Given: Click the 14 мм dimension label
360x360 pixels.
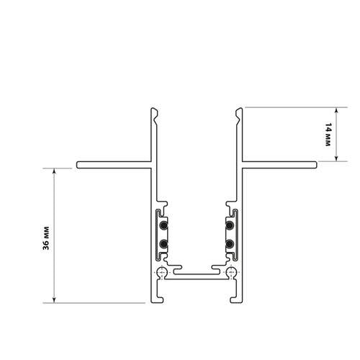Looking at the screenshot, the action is pos(328,135).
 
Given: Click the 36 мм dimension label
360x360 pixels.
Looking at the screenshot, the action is pos(46,238).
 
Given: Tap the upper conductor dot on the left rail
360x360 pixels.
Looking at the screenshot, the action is pos(163,225).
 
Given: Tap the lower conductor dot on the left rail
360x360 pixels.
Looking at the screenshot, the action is pos(163,244).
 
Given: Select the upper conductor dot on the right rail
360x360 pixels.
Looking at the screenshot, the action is pos(230,225).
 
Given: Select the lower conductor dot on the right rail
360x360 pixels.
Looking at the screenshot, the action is pos(230,244).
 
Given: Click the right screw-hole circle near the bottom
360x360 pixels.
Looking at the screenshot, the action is pos(232,272).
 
